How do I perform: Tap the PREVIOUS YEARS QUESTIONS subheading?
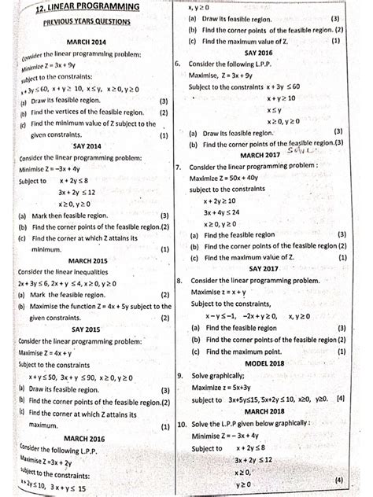tap(87, 22)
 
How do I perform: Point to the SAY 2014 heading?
tap(87, 145)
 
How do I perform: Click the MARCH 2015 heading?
tap(87, 260)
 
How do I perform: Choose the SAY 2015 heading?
tap(86, 329)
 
